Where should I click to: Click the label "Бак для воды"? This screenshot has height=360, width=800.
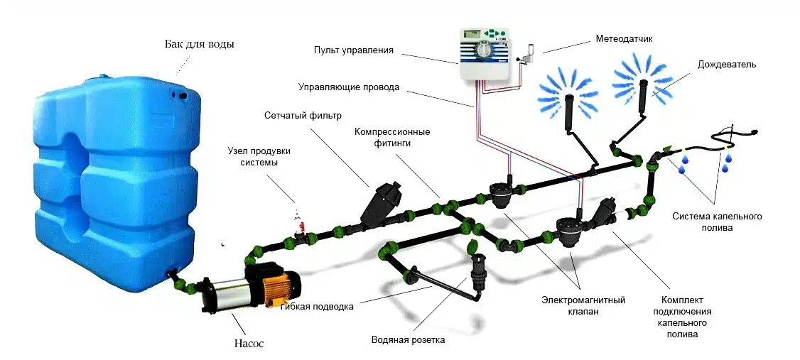(199, 44)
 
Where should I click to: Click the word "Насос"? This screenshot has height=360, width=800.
(249, 344)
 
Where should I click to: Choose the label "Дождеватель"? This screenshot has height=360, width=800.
(725, 64)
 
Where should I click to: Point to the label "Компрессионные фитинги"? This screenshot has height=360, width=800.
(403, 137)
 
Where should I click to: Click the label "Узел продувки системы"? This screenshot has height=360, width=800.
(259, 157)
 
